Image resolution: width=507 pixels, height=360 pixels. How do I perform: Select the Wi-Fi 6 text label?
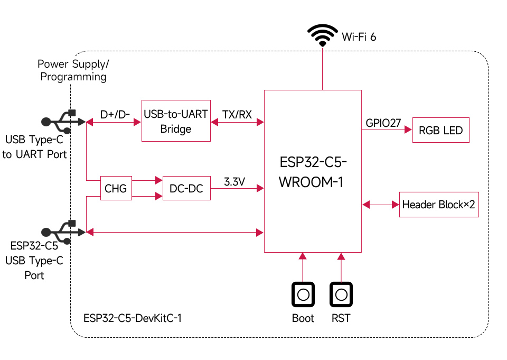click(x=359, y=36)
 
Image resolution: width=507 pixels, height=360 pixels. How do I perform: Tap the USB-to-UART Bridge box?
click(x=176, y=121)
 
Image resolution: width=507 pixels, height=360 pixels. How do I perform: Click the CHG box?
click(x=116, y=189)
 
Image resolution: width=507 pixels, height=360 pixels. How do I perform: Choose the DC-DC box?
click(x=186, y=189)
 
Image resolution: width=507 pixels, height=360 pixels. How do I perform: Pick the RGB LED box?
click(x=440, y=130)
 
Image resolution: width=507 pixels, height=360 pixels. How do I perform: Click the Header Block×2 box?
click(x=439, y=205)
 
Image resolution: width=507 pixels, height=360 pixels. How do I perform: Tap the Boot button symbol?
click(x=303, y=294)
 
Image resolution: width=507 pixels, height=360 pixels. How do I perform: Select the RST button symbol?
click(x=341, y=294)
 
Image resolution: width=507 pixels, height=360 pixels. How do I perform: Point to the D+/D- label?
click(x=115, y=114)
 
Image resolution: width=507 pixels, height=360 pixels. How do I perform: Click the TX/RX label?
click(x=237, y=114)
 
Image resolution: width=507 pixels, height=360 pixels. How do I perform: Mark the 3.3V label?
click(x=234, y=181)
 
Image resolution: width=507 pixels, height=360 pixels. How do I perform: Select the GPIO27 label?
click(x=383, y=123)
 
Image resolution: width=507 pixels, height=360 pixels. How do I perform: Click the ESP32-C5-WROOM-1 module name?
click(x=313, y=171)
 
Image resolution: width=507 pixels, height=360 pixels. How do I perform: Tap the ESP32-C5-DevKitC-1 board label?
click(x=132, y=318)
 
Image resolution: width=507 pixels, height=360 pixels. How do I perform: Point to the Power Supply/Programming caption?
click(x=73, y=70)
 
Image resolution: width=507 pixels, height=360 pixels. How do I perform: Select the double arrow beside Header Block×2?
click(x=380, y=204)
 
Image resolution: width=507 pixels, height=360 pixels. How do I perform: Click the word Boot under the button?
click(x=303, y=318)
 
